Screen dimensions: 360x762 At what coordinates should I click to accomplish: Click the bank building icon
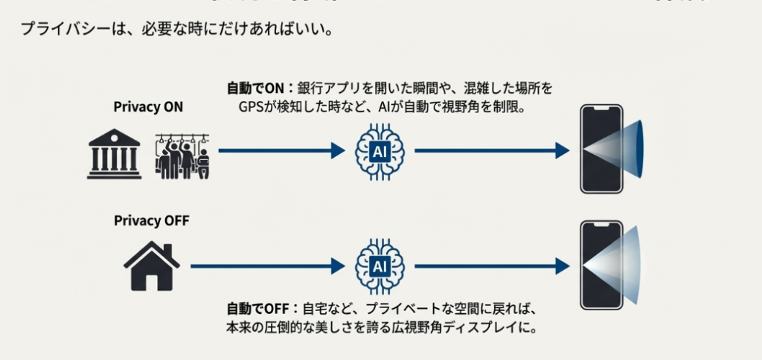pos(114,154)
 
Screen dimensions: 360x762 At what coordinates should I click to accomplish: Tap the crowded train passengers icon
pos(182,156)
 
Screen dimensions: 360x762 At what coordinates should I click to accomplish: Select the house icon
pos(152,266)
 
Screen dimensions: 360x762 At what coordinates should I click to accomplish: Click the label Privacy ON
pos(148,107)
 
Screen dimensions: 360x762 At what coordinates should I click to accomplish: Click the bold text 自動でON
pos(251,89)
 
